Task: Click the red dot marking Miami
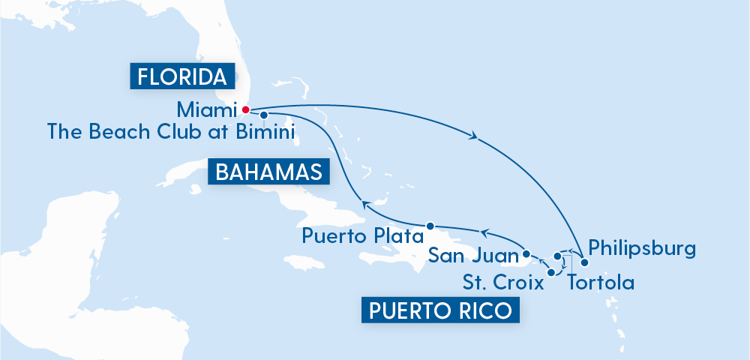pos(245,109)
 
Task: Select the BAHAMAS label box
pos(268,172)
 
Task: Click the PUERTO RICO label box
pos(440,309)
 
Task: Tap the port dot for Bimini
pos(264,115)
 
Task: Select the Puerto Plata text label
pos(359,236)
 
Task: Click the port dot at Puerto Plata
pos(430,226)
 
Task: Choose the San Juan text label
pos(473,256)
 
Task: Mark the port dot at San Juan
pos(526,253)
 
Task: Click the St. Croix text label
pos(502,283)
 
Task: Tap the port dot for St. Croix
pos(552,273)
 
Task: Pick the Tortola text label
pos(601,283)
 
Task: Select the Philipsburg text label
pos(643,247)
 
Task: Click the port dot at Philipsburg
pos(585,262)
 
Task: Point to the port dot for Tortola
pos(557,256)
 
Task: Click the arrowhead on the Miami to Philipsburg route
pos(473,136)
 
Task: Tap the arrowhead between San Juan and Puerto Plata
pos(484,232)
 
